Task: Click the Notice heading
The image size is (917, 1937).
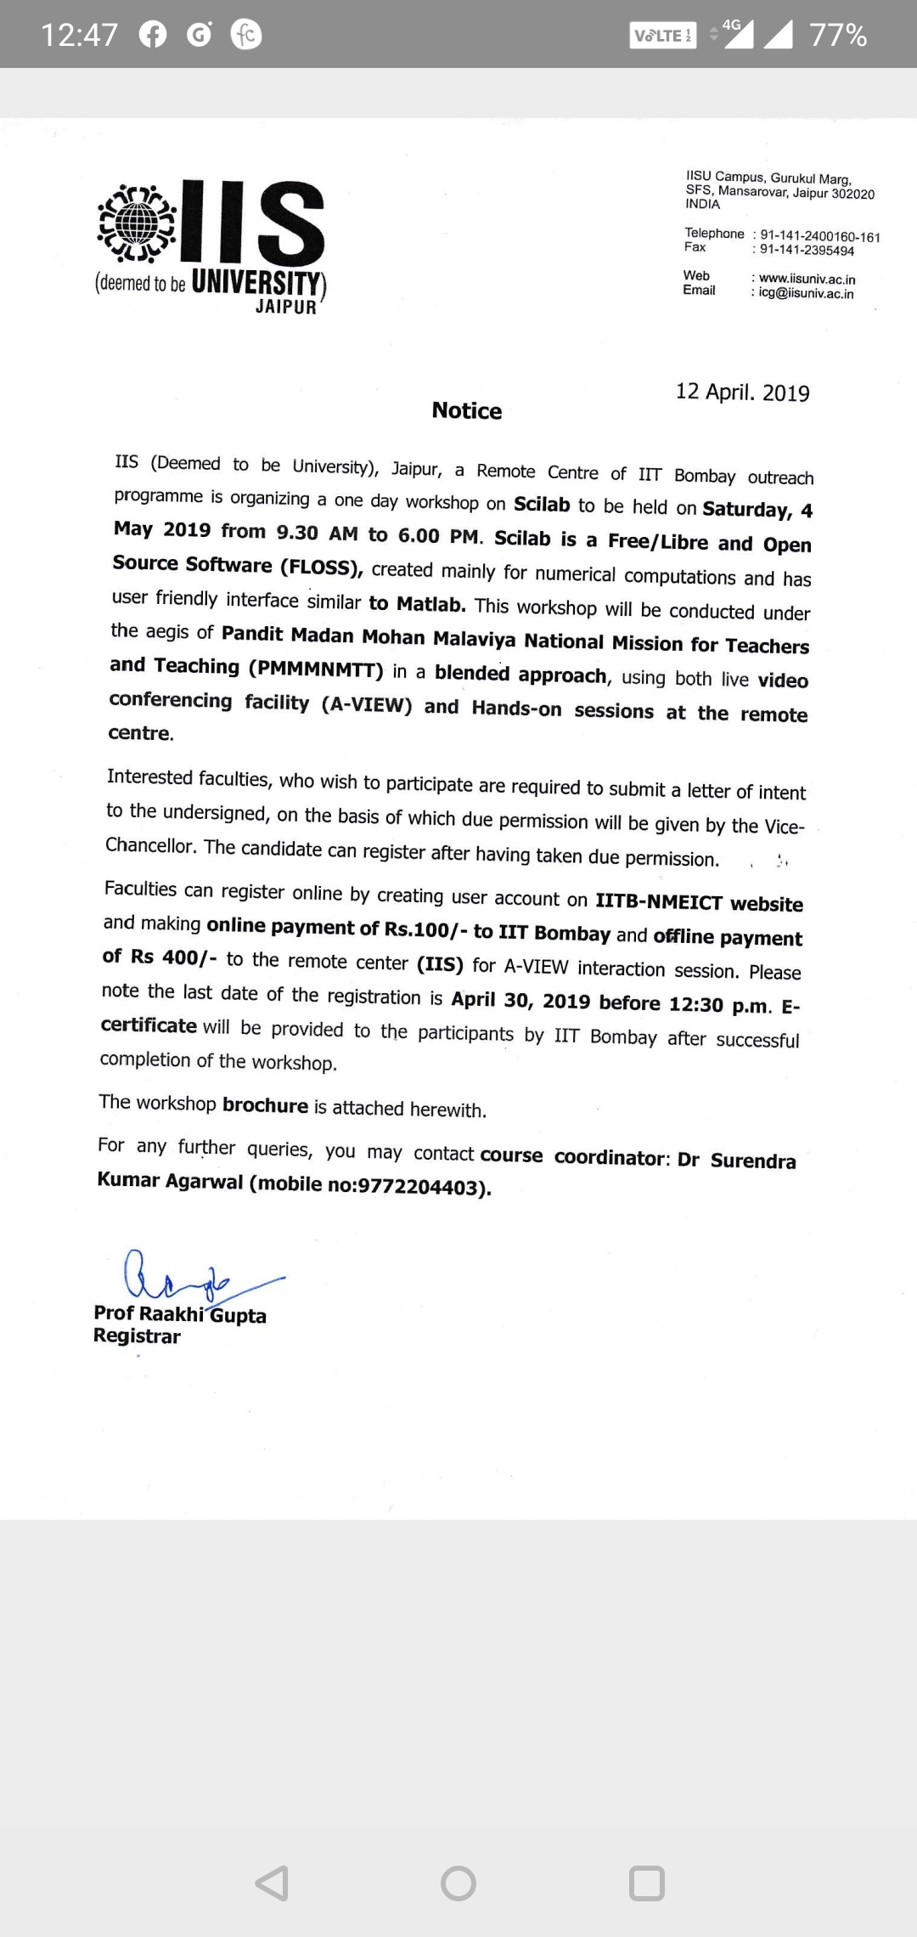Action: point(467,411)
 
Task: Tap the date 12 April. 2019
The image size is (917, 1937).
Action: point(742,392)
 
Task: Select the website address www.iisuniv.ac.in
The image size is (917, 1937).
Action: point(807,279)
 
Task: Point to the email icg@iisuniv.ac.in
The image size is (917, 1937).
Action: point(806,294)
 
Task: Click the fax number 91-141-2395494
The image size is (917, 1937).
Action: point(807,251)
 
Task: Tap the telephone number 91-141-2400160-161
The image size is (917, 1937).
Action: point(819,236)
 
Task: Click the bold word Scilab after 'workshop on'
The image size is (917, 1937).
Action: point(542,505)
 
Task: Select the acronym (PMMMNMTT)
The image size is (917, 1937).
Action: point(316,669)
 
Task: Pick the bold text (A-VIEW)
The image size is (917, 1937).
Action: point(367,705)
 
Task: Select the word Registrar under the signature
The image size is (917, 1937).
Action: point(137,1336)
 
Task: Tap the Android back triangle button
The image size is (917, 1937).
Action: point(273,1883)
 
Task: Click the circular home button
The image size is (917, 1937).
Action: point(458,1883)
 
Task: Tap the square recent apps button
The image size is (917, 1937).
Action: point(646,1883)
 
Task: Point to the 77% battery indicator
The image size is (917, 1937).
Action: point(838,36)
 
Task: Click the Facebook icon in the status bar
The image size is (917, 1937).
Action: point(153,35)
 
